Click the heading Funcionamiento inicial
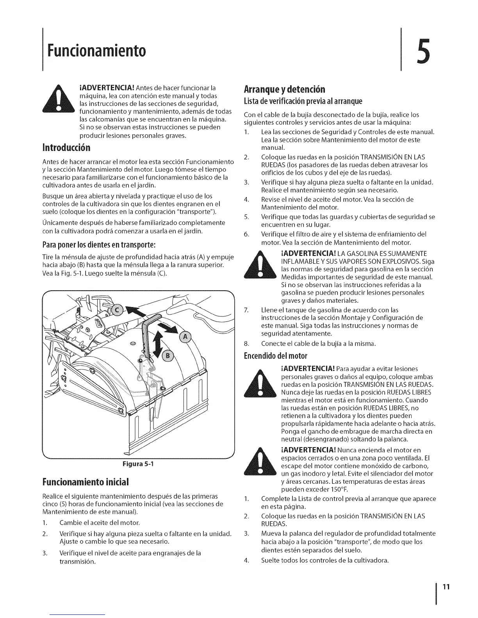coord(86,481)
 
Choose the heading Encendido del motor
coord(275,356)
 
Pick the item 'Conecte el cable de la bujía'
coord(318,343)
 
